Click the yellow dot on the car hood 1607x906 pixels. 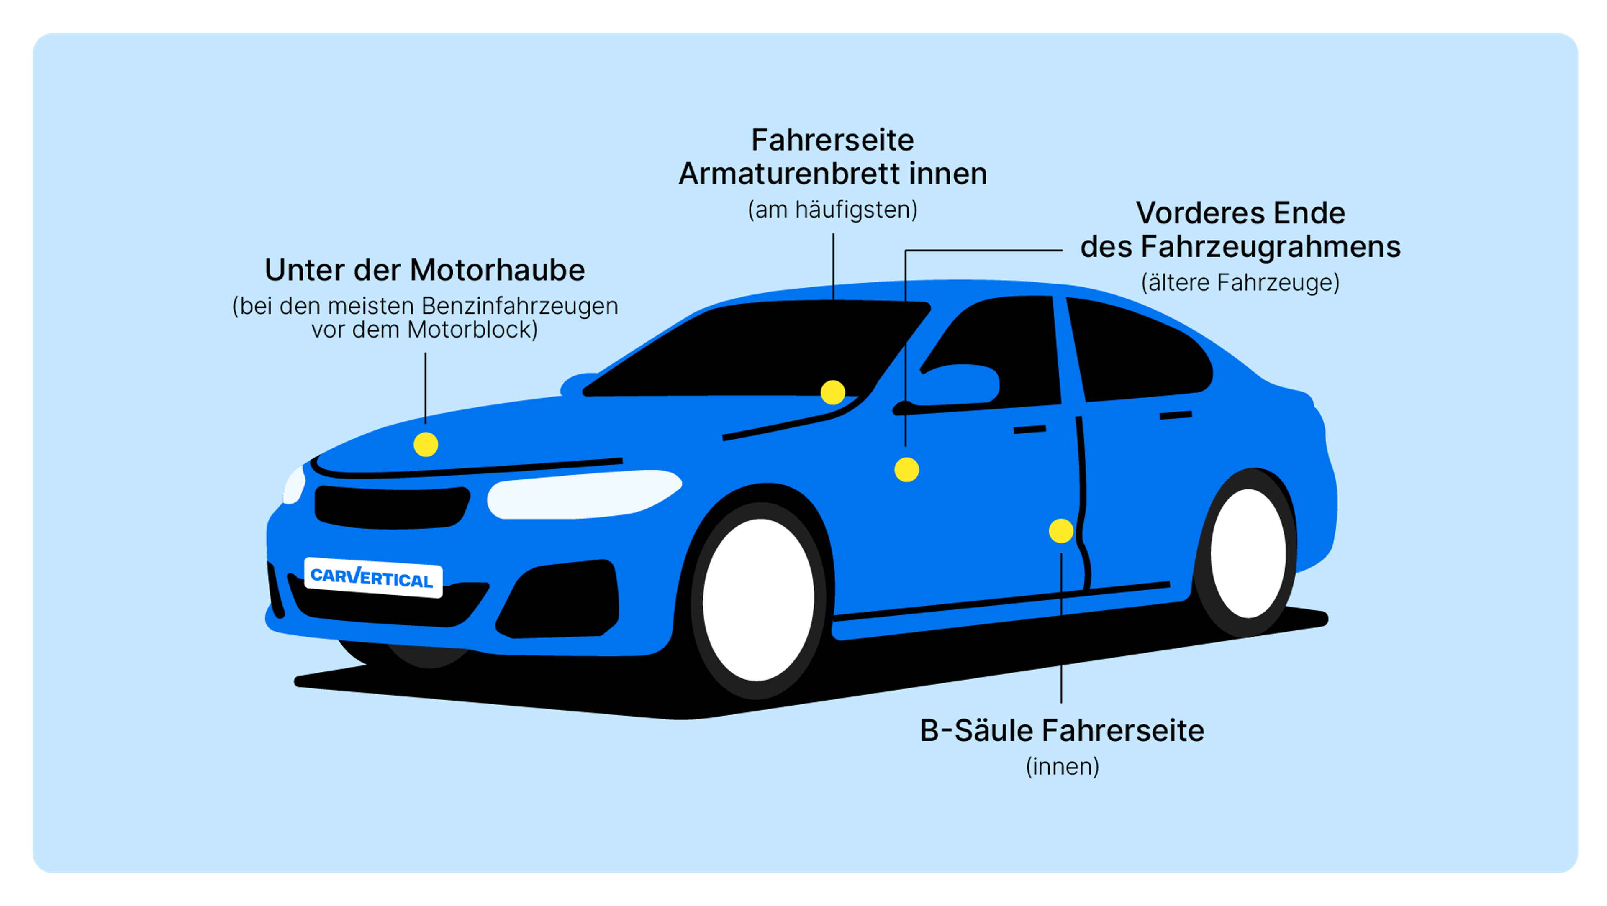(426, 445)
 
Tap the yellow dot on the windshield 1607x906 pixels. (833, 393)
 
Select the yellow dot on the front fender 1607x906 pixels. (906, 470)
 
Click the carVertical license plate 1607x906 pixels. (373, 577)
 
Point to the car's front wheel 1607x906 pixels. (759, 600)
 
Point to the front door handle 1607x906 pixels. (1029, 430)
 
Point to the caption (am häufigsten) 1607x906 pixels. (833, 210)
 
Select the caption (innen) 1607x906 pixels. (1062, 766)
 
